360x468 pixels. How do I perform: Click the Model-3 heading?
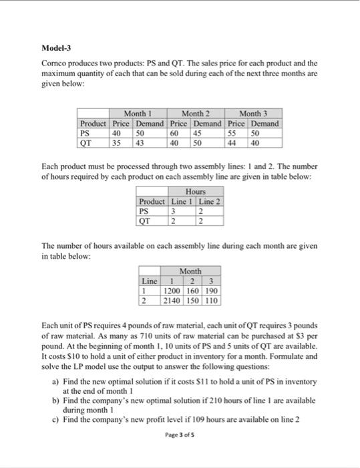(55, 49)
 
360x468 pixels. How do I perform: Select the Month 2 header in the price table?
(197, 114)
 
